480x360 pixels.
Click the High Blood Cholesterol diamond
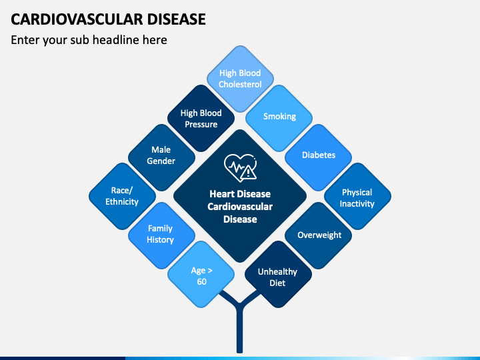pos(240,79)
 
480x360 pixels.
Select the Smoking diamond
pos(279,118)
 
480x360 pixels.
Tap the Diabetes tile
pos(319,157)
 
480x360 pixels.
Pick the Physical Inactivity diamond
pos(357,196)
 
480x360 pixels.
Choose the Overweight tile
pos(319,235)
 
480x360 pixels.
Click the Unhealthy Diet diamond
pos(278,274)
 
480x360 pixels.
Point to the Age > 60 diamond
pos(201,274)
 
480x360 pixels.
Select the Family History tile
pos(161,235)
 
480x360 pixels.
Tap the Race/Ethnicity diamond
pos(123,196)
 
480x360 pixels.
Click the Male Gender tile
pos(161,157)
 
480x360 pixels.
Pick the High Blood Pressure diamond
pos(201,118)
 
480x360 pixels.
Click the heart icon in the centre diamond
pos(240,167)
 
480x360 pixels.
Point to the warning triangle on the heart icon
pos(248,173)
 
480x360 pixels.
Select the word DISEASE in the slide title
pos(176,19)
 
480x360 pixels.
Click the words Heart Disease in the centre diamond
pos(240,194)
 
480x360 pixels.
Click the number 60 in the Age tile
pos(202,281)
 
